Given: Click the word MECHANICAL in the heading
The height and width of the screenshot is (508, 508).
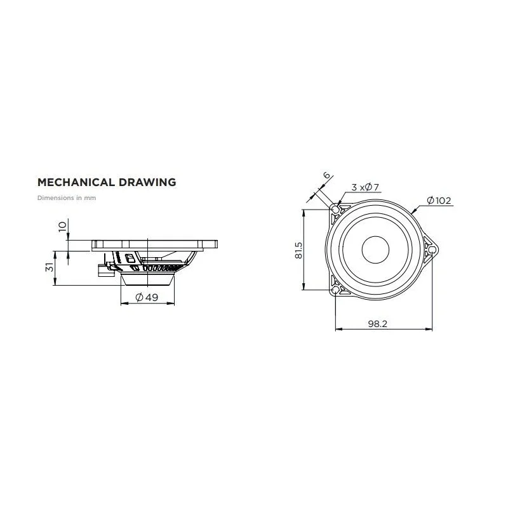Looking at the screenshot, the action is (76, 182).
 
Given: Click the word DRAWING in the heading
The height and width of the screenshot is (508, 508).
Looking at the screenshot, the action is (147, 182).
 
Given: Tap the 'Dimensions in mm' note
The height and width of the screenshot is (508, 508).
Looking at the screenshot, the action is (67, 197).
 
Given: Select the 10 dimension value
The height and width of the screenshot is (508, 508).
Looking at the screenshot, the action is (62, 226).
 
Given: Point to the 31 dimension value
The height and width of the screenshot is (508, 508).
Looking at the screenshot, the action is (50, 267).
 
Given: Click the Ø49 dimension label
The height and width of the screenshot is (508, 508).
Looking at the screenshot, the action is (147, 297).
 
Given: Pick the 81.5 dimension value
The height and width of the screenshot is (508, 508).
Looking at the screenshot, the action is (298, 250).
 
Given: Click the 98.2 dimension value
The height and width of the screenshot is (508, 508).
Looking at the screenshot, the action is (377, 324).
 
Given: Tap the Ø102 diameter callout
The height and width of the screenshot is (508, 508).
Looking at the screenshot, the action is (439, 201).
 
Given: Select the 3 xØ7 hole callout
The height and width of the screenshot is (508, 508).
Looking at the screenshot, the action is (365, 187).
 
